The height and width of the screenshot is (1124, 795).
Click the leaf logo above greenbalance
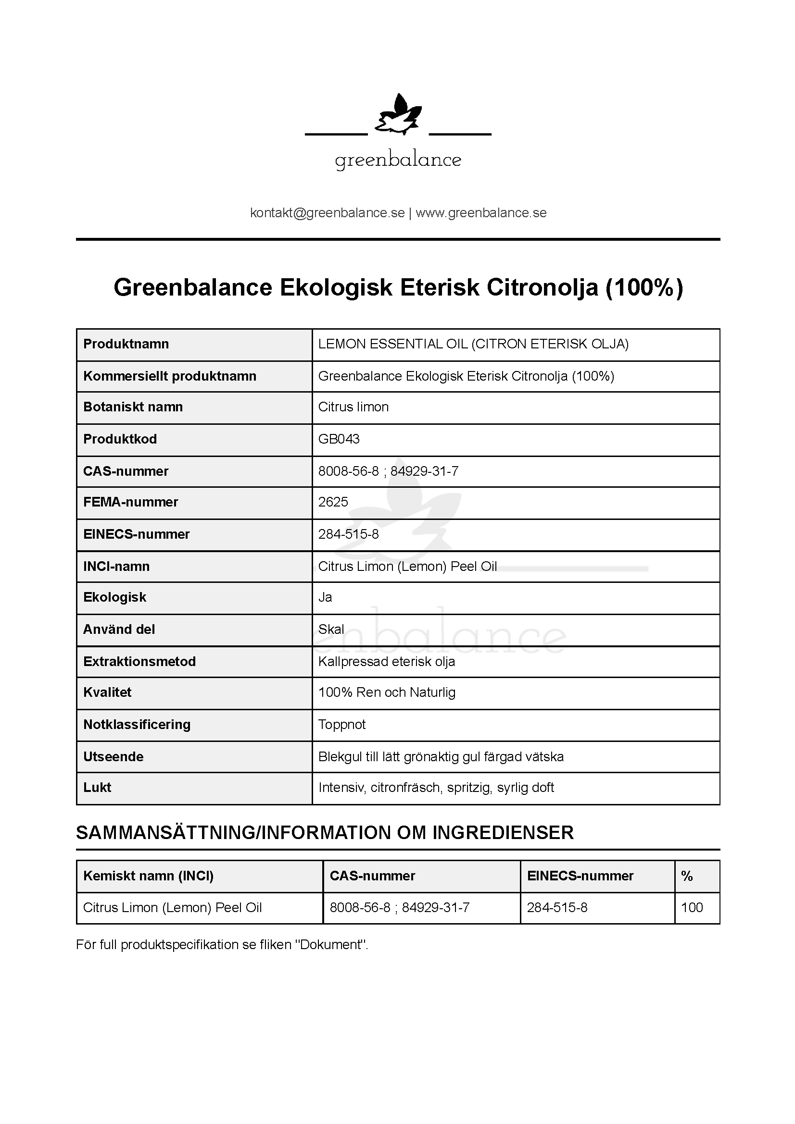point(398,115)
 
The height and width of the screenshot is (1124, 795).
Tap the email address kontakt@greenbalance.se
point(327,213)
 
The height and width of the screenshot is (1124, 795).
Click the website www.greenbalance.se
point(481,213)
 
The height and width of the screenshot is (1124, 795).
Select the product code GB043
point(339,439)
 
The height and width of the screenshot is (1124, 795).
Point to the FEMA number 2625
point(333,502)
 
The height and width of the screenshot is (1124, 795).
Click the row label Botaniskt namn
point(133,407)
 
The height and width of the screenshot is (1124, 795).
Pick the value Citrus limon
point(353,407)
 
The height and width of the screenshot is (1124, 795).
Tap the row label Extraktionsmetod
point(139,661)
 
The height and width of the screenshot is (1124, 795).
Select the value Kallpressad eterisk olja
point(387,662)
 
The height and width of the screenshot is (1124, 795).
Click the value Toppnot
point(342,725)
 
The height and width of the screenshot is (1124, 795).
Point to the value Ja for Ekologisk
point(325,597)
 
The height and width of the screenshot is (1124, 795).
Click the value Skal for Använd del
point(331,630)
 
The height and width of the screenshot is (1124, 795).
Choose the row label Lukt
point(98,787)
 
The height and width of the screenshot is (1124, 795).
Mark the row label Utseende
point(113,757)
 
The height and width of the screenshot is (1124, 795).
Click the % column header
point(687,876)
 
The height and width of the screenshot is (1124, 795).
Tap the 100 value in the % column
point(692,908)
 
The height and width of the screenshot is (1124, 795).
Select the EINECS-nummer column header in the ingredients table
point(580,876)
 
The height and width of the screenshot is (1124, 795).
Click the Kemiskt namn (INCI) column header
point(149,876)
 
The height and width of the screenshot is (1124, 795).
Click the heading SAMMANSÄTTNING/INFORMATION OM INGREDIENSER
point(325,833)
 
